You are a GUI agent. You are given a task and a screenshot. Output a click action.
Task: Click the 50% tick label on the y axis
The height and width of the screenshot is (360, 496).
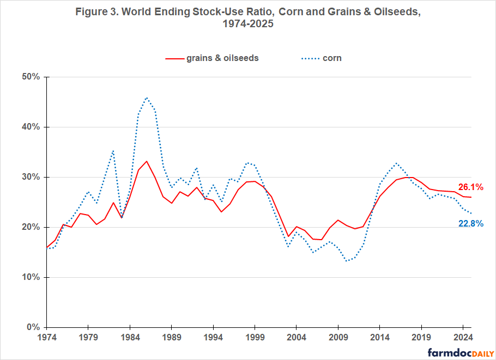(x=31, y=77)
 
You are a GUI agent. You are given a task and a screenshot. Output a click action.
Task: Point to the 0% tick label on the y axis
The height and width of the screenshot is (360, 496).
(x=33, y=327)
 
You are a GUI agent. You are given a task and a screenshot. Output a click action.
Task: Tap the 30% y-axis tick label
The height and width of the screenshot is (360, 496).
(x=31, y=177)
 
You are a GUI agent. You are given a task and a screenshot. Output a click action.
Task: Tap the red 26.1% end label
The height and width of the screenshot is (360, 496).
(x=471, y=187)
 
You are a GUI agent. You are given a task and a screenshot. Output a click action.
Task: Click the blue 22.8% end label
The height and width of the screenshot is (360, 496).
(x=471, y=223)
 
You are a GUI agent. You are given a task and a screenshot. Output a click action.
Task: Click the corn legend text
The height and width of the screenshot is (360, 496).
(x=332, y=58)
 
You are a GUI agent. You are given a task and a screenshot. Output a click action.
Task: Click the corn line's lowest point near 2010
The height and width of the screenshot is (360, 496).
(x=346, y=261)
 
